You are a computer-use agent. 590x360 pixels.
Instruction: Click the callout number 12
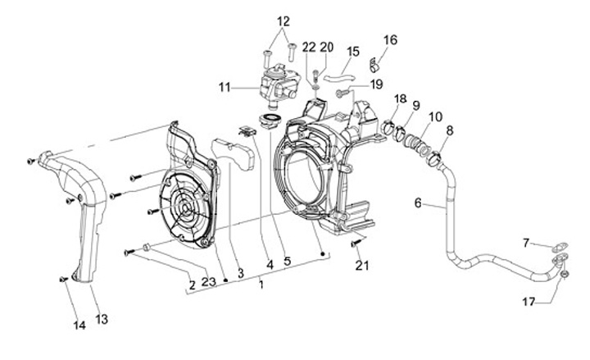point(284,21)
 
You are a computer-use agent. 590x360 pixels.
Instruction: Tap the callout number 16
point(390,40)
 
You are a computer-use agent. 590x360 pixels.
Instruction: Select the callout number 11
point(225,88)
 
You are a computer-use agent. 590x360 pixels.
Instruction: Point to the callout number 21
point(362,266)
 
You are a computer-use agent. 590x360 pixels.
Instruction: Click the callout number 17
point(529,302)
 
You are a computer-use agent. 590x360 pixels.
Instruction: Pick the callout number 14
point(79,325)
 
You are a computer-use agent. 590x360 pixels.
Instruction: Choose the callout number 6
point(418,203)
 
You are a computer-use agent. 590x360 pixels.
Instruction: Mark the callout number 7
point(526,243)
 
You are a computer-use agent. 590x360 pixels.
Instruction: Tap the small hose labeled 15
point(339,78)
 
